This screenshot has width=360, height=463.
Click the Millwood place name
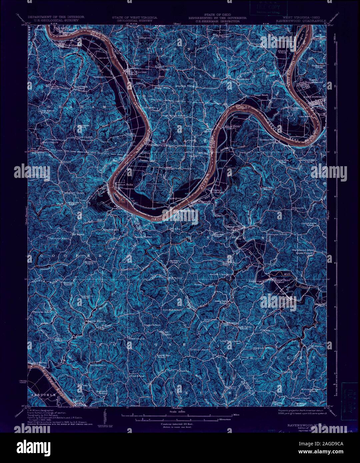[204, 202]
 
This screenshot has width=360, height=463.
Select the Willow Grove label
[232, 127]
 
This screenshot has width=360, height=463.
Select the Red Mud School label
[172, 310]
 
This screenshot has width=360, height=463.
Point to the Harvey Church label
[94, 321]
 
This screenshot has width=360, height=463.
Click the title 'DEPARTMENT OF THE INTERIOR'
[56, 17]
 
